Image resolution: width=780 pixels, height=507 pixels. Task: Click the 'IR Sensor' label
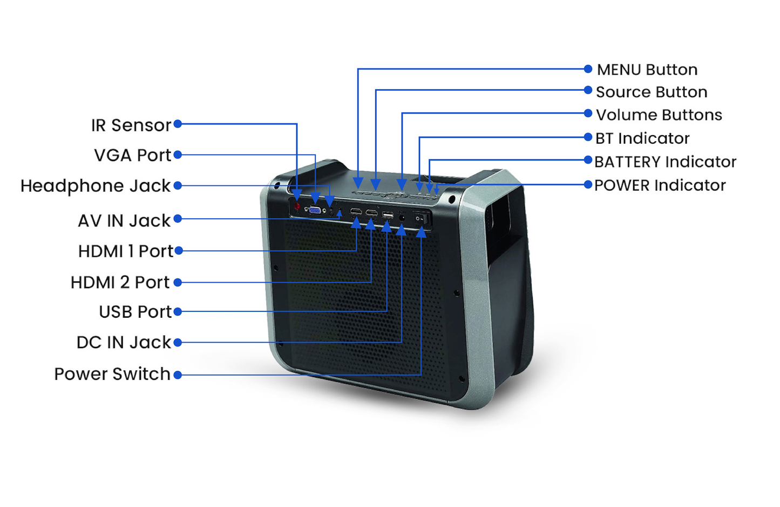(x=131, y=125)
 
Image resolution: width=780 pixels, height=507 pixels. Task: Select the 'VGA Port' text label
(x=132, y=156)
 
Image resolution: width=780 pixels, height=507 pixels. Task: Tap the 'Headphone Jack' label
(x=96, y=186)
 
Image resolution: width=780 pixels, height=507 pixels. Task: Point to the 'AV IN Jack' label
(x=124, y=221)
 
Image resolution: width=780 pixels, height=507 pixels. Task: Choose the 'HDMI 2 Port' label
(x=120, y=282)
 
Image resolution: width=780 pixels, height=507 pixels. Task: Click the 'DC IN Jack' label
(x=124, y=342)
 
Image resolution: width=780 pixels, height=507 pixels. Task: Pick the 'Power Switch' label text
(x=112, y=374)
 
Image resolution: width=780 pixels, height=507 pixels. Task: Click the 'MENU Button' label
(x=647, y=70)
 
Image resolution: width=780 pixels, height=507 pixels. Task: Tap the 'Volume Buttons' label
(x=659, y=115)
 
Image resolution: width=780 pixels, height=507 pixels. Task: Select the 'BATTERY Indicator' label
(x=665, y=162)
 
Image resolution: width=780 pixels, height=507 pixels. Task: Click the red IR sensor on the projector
(x=297, y=206)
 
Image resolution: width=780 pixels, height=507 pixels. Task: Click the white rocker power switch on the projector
(x=421, y=218)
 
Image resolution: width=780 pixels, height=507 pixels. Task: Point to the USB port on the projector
(x=388, y=215)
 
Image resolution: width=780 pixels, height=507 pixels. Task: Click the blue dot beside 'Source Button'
(x=588, y=90)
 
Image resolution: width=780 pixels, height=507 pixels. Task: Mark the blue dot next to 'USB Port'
(x=178, y=311)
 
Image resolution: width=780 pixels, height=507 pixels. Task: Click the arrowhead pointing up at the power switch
(x=421, y=232)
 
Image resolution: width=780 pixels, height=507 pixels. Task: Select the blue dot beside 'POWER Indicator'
(x=588, y=184)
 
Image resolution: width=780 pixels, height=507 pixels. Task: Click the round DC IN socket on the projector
(x=402, y=217)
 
